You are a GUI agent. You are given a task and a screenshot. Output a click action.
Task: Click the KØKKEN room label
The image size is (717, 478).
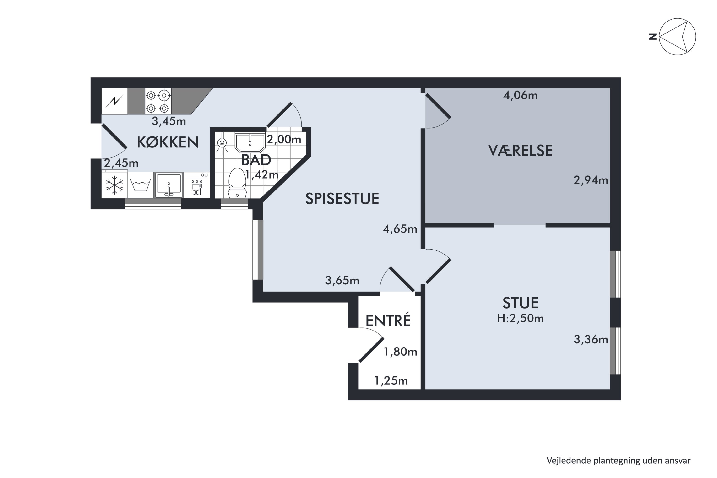pos(168,142)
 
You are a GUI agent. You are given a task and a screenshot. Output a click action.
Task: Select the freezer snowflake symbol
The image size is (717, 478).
pos(114,185)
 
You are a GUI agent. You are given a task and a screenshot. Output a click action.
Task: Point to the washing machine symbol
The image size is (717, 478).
pos(140,185)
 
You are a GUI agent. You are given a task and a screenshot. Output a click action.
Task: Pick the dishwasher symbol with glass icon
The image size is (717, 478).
pos(197,185)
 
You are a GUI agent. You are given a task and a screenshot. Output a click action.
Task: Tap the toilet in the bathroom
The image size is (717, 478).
pos(237,183)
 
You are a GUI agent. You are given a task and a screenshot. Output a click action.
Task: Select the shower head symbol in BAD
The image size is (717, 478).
pos(222,143)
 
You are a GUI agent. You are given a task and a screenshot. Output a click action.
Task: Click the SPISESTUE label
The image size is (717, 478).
pos(342,199)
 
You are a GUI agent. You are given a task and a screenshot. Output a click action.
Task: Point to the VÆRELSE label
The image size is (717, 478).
pos(520,151)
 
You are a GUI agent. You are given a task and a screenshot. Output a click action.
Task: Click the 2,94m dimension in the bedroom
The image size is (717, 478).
pos(591,180)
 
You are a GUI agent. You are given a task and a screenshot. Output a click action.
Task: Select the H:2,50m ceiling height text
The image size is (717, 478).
pos(520,319)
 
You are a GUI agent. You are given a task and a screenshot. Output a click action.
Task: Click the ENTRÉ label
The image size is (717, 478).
pos(388,321)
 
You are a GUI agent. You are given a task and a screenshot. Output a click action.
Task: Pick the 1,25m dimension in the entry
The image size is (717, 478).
pos(391,381)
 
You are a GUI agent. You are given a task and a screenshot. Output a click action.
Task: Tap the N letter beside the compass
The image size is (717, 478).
pos(653,37)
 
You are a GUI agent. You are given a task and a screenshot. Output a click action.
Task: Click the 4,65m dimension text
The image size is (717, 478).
pos(400,229)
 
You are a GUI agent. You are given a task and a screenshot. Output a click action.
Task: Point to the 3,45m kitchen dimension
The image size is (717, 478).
pos(169,121)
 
